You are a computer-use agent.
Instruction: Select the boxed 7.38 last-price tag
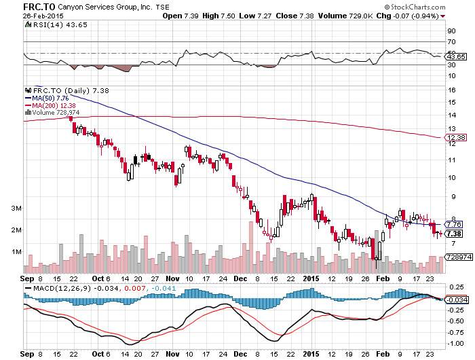455,234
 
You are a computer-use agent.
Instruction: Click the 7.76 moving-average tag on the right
455,223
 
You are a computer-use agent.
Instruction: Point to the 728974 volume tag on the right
457,257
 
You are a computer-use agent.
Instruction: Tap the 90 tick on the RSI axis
449,31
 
